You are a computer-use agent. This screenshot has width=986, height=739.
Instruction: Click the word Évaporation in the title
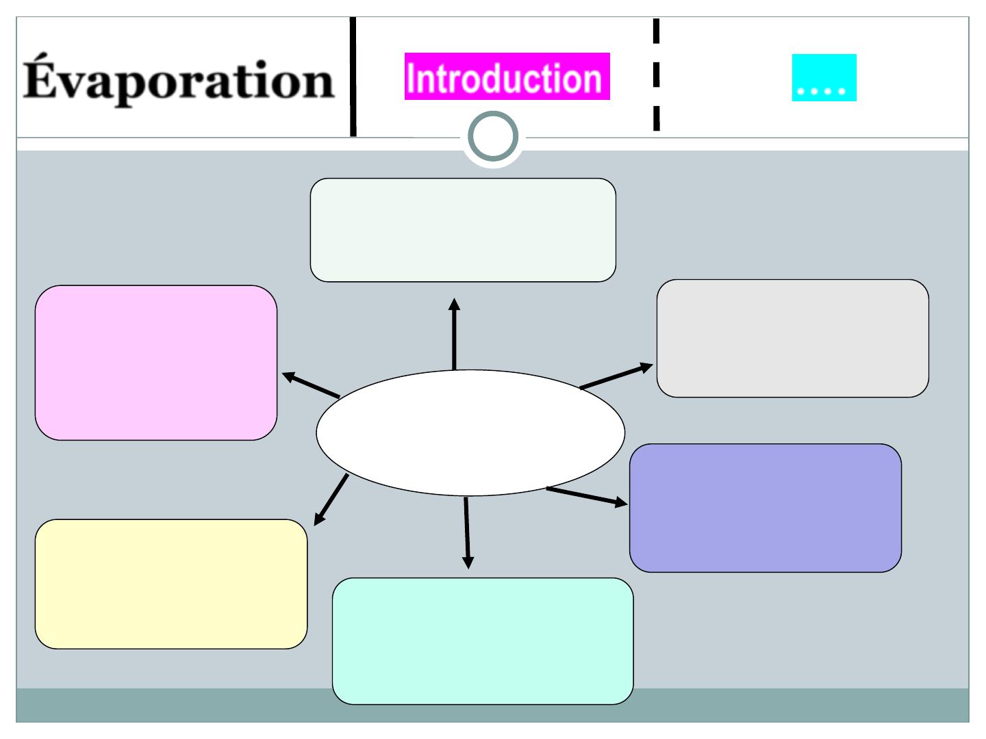click(179, 81)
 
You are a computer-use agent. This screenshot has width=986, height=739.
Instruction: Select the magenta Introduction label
click(507, 77)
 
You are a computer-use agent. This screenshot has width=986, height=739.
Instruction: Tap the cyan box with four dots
click(824, 78)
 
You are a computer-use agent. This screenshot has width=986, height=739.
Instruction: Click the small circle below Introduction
click(492, 138)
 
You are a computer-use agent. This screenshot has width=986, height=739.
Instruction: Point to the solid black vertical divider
click(353, 77)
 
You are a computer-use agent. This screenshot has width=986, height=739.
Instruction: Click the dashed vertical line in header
click(656, 75)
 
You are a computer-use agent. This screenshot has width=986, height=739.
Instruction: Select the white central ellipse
click(470, 432)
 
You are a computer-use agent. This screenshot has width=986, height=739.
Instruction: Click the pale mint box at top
click(463, 230)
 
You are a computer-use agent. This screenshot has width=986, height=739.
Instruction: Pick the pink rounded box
click(156, 363)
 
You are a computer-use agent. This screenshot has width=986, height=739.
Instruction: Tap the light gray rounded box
click(792, 338)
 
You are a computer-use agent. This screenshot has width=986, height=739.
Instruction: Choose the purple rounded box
click(765, 508)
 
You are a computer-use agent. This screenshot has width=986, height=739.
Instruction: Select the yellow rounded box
click(171, 584)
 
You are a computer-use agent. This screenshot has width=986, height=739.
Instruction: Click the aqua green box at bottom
click(483, 640)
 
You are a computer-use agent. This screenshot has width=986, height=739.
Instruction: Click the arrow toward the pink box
click(312, 385)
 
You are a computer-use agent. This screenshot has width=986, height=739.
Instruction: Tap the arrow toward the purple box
click(587, 496)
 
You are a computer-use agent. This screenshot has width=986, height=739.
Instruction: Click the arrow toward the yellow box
click(331, 500)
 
